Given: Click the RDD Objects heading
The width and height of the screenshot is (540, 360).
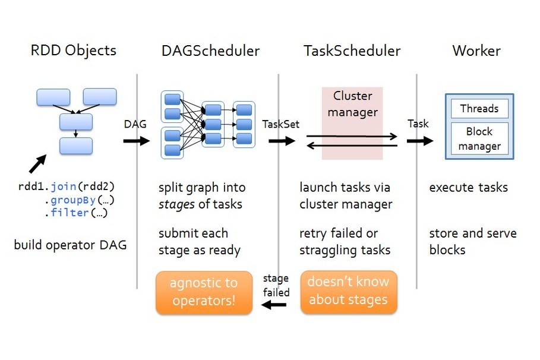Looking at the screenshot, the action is tap(73, 50).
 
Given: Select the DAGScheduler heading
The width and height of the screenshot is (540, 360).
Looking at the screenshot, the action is tap(210, 51).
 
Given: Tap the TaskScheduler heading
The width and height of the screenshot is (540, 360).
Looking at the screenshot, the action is tap(352, 51).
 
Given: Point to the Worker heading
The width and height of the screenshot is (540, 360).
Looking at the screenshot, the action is tap(476, 51).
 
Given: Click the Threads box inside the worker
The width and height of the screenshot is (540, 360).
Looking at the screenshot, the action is tap(479, 109).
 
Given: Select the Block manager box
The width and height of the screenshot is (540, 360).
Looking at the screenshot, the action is tap(479, 138).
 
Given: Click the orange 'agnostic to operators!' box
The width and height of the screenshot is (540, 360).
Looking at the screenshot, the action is tap(204, 292).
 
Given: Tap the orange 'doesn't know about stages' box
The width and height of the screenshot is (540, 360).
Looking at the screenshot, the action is tap(349, 292).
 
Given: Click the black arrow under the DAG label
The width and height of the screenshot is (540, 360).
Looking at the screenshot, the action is tap(137, 141).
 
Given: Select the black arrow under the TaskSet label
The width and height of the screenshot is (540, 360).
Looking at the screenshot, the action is tap(282, 141).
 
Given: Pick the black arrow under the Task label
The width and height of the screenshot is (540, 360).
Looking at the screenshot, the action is tap(420, 141).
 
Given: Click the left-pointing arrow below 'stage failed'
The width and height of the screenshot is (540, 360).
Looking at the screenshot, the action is tap(274, 305).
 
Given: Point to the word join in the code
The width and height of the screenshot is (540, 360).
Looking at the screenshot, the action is tap(64, 187).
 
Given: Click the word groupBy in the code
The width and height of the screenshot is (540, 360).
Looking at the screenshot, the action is tap(73, 200).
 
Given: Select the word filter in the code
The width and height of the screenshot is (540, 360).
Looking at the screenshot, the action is tap(70, 213).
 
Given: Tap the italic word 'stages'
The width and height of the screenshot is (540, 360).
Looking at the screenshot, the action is tap(176, 204).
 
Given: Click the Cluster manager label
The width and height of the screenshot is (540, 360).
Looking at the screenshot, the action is tap(353, 104).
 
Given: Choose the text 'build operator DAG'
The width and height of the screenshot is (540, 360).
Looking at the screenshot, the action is tap(70, 245).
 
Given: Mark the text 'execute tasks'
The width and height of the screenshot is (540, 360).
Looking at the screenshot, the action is tap(468, 187).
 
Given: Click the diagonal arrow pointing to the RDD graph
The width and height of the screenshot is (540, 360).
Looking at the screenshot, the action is tap(37, 163).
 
